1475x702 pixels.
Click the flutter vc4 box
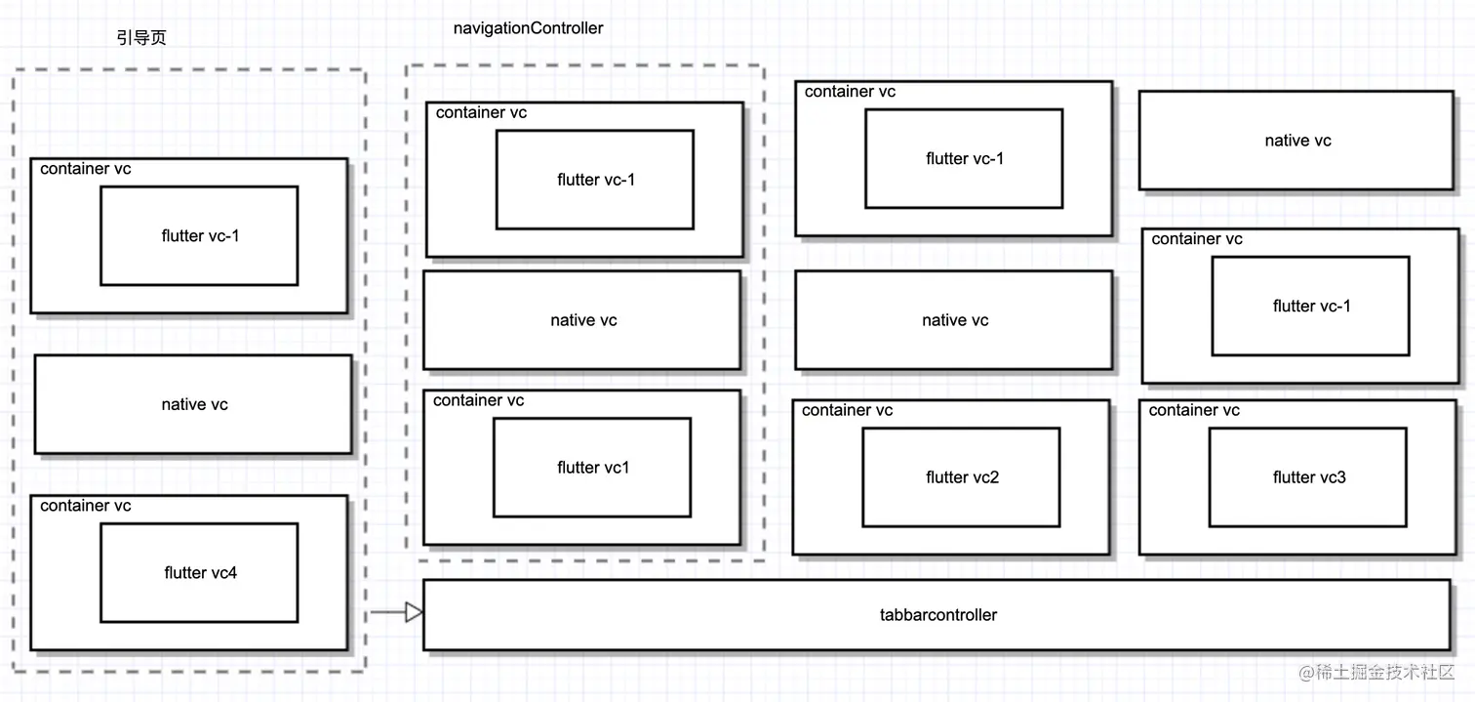click(199, 572)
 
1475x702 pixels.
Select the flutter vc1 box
click(592, 468)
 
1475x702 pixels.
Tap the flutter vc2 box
click(961, 477)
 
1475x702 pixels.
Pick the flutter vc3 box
click(1308, 477)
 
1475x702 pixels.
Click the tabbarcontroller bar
click(937, 615)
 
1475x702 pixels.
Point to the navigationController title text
click(528, 28)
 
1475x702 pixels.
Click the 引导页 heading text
click(141, 37)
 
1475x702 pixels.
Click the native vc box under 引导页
click(193, 404)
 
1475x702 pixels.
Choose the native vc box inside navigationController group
click(582, 320)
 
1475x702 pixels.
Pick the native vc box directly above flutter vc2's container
click(954, 320)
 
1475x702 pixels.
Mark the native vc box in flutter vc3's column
click(1296, 141)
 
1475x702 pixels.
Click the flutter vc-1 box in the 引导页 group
click(199, 235)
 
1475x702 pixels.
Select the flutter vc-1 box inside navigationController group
click(595, 180)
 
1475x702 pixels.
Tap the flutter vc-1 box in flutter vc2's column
click(964, 158)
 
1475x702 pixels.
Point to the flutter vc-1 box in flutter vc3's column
click(1311, 306)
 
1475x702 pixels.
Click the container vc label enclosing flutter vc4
click(86, 506)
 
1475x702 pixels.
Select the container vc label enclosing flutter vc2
click(847, 410)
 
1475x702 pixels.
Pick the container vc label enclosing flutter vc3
click(1194, 410)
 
